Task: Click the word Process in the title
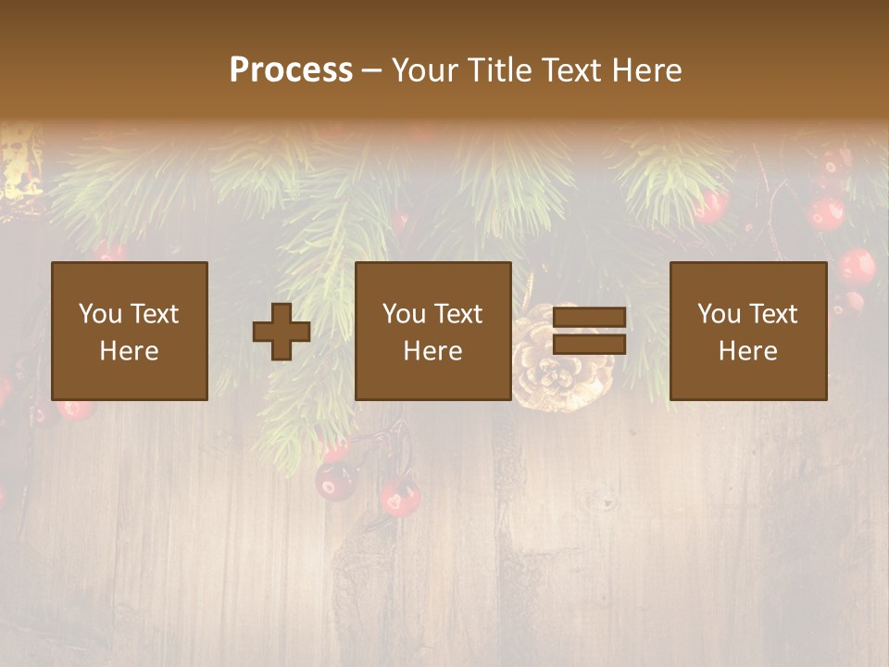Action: pyautogui.click(x=291, y=70)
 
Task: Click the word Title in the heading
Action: pyautogui.click(x=501, y=70)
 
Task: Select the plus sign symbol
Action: pyautogui.click(x=282, y=332)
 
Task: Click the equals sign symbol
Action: pyautogui.click(x=589, y=332)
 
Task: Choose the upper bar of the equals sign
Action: pyautogui.click(x=589, y=318)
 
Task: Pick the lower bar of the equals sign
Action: pyautogui.click(x=589, y=345)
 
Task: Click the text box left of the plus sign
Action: pyautogui.click(x=129, y=332)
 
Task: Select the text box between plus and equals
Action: pyautogui.click(x=432, y=332)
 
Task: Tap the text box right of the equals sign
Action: pyautogui.click(x=747, y=332)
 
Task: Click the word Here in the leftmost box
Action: pyautogui.click(x=129, y=351)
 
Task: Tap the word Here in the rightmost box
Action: pyautogui.click(x=747, y=351)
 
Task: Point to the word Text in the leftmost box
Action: pyautogui.click(x=154, y=314)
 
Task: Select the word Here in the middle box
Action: pyautogui.click(x=432, y=351)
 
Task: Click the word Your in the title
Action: pyautogui.click(x=426, y=70)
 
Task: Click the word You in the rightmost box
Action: pyautogui.click(x=719, y=314)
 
